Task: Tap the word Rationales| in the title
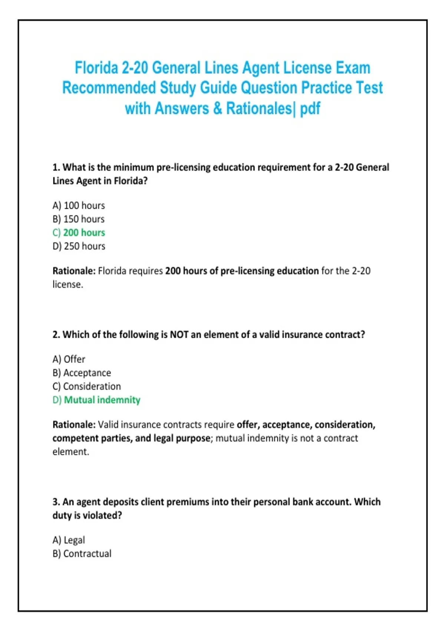tap(259, 108)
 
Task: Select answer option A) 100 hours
tap(79, 205)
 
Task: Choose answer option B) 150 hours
tap(79, 219)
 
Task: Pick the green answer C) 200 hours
tap(79, 233)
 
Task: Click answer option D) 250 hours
tap(79, 246)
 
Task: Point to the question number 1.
tap(56, 167)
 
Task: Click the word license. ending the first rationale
tap(67, 285)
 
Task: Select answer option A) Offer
tap(69, 359)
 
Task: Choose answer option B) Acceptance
tap(82, 373)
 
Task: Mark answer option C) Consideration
tap(87, 386)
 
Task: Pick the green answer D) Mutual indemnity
tap(96, 400)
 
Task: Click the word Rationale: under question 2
tap(74, 425)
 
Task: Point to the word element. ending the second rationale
tap(70, 452)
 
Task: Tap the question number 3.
tap(56, 502)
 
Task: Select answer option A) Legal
tap(69, 540)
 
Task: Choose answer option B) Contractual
tap(82, 554)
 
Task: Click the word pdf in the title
tap(310, 108)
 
